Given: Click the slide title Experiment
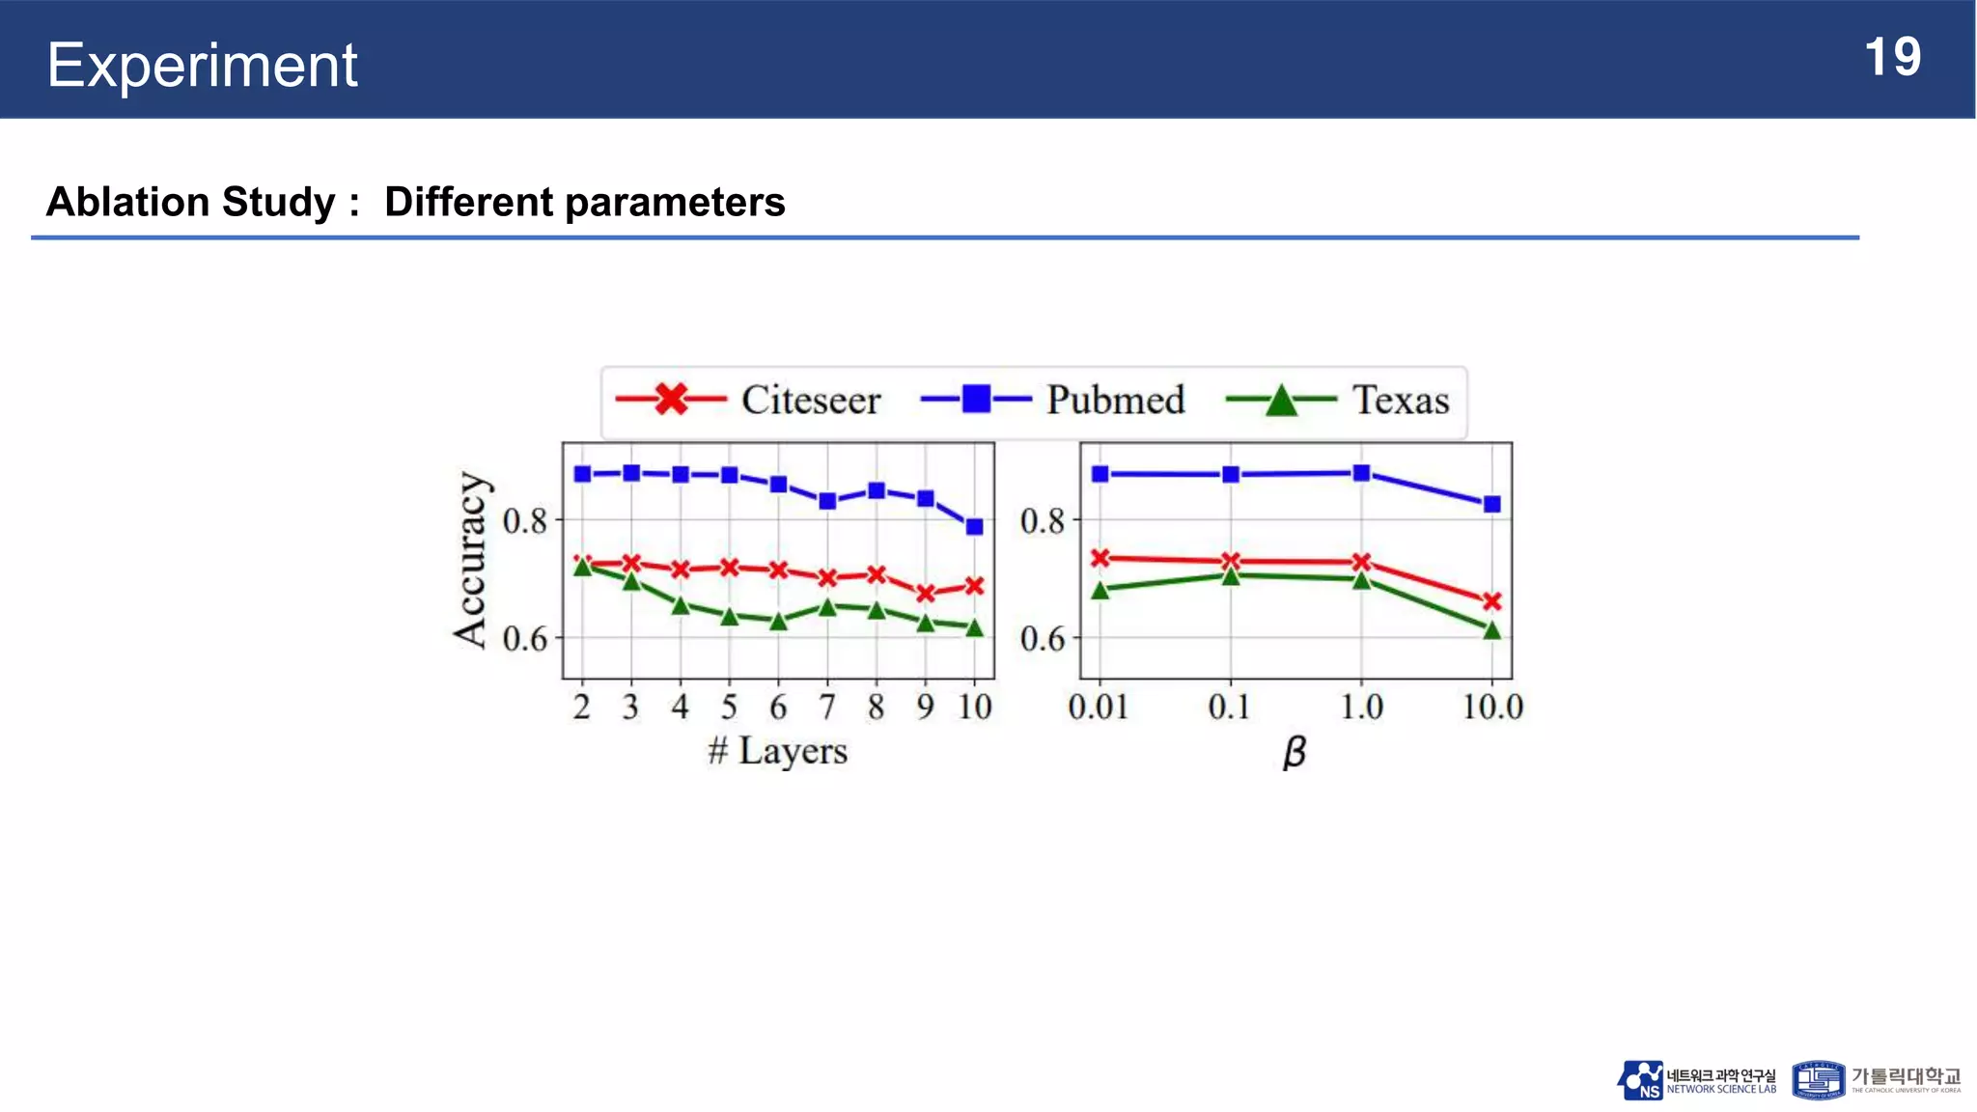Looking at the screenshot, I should [202, 66].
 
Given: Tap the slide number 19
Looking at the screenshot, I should [1892, 58].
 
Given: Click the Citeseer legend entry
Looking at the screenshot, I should [749, 400].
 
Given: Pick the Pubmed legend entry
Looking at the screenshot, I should [1053, 400].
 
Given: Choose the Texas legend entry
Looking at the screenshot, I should [1338, 400].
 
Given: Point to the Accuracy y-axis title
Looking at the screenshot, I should [470, 559].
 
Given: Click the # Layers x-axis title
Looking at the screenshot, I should [778, 751].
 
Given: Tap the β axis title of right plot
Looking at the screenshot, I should [1294, 752].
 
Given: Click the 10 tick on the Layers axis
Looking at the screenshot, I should [975, 708].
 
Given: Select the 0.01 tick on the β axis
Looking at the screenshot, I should [1099, 708].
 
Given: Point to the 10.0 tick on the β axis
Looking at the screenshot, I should [1492, 708].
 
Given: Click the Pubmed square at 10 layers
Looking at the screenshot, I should [975, 527].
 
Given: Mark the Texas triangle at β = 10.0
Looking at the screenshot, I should [1492, 631].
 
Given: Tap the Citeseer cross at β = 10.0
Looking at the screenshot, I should [1492, 601].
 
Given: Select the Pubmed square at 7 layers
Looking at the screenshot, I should [827, 501].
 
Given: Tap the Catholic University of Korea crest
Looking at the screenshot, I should [1818, 1081].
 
